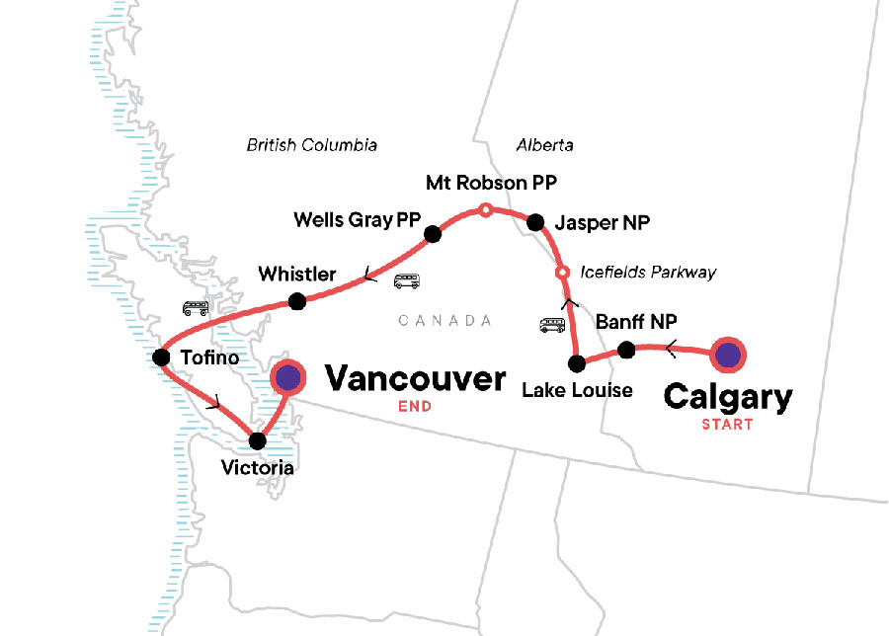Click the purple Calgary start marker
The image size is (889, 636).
pyautogui.click(x=729, y=355)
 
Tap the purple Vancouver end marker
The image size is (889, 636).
pyautogui.click(x=287, y=376)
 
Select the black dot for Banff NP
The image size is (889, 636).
pyautogui.click(x=626, y=350)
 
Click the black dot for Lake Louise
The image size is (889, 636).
pyautogui.click(x=577, y=361)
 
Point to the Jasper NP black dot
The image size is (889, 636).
pyautogui.click(x=535, y=222)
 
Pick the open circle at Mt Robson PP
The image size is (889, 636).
pyautogui.click(x=485, y=209)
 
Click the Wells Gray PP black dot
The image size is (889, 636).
pyautogui.click(x=432, y=234)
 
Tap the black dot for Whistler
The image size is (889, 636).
pyautogui.click(x=296, y=301)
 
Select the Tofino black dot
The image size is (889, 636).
pyautogui.click(x=162, y=357)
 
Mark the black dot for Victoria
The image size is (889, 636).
pyautogui.click(x=258, y=440)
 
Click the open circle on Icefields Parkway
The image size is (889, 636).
pyautogui.click(x=562, y=273)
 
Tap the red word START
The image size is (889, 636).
pyautogui.click(x=727, y=425)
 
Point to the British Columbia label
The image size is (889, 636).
pyautogui.click(x=312, y=145)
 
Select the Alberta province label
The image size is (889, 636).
pyautogui.click(x=544, y=145)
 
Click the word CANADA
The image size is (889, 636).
pyautogui.click(x=444, y=320)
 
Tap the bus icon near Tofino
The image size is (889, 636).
pyautogui.click(x=195, y=308)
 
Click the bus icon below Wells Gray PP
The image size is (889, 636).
pyautogui.click(x=406, y=281)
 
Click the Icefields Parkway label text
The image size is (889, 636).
pyautogui.click(x=649, y=273)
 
